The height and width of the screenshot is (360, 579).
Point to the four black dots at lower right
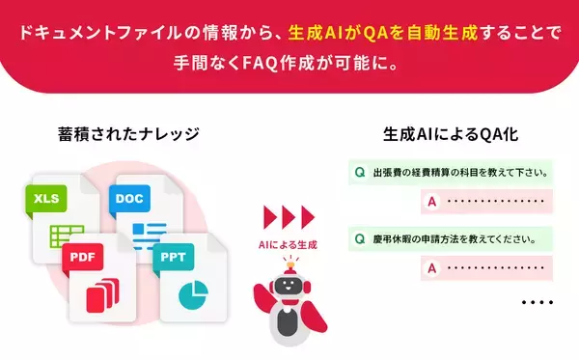[x=537, y=303]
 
